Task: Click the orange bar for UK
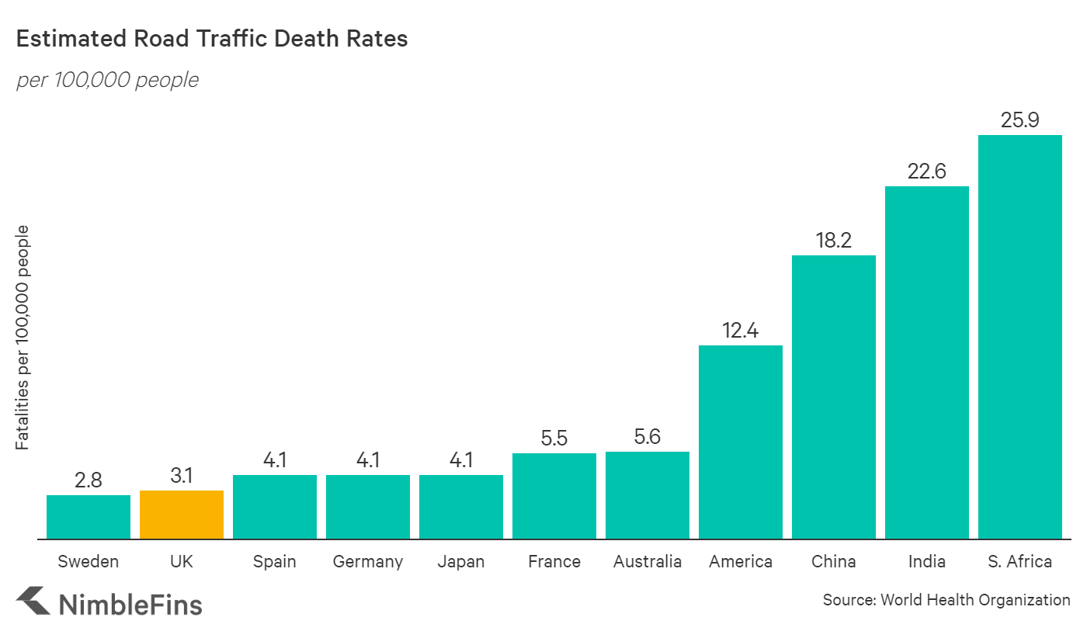click(x=182, y=515)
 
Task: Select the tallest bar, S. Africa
click(x=1019, y=337)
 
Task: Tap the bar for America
click(x=740, y=442)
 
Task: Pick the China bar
click(x=833, y=397)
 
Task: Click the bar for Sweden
click(x=89, y=517)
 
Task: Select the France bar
click(x=554, y=496)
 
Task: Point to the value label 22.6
click(x=926, y=171)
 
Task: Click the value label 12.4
click(x=740, y=330)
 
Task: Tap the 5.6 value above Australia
click(x=647, y=436)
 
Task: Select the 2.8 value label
click(x=89, y=480)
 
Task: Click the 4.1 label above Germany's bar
click(x=367, y=459)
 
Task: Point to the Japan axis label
click(x=460, y=561)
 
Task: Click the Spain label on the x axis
click(x=274, y=562)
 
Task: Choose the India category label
click(x=926, y=561)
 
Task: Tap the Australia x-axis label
click(x=647, y=561)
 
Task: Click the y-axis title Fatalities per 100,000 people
click(x=23, y=338)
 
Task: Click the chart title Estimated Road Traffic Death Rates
click(x=212, y=39)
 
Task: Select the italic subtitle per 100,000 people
click(x=107, y=79)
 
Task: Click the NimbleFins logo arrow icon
click(x=33, y=602)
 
